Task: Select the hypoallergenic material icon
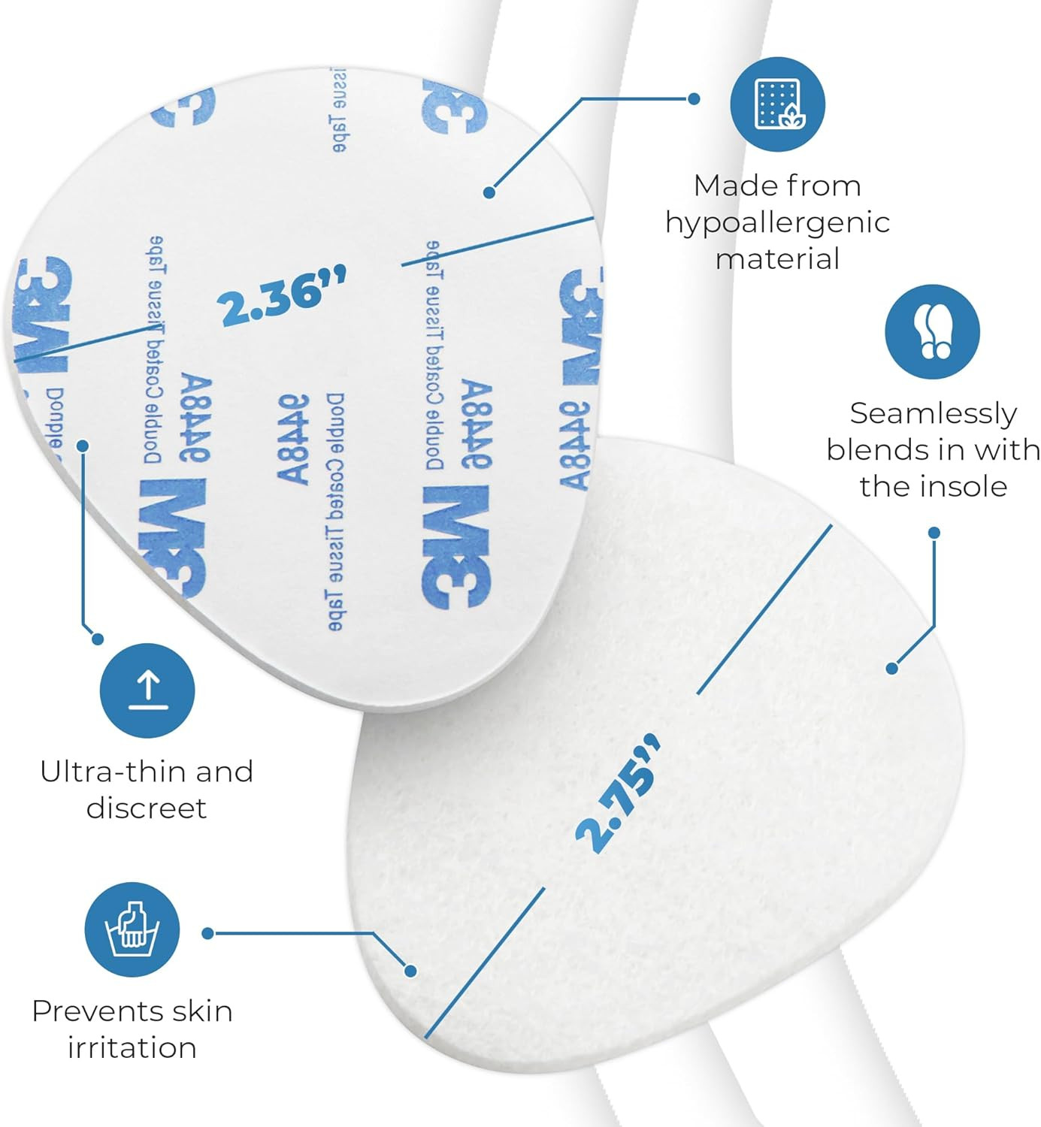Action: click(x=778, y=104)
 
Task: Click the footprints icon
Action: click(x=932, y=331)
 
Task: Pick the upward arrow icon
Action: click(x=147, y=690)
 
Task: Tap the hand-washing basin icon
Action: click(x=132, y=929)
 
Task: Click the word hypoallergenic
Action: click(x=777, y=223)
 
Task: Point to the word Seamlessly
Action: click(x=933, y=413)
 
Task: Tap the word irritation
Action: click(x=132, y=1047)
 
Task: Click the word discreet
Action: click(x=147, y=808)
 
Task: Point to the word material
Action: click(x=777, y=259)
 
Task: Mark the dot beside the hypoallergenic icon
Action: click(x=695, y=98)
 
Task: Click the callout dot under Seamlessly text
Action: click(x=934, y=533)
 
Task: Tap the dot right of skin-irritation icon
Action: click(x=208, y=933)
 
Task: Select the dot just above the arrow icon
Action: click(x=97, y=639)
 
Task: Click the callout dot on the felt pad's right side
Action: click(x=891, y=668)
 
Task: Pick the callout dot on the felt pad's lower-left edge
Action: click(x=410, y=971)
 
